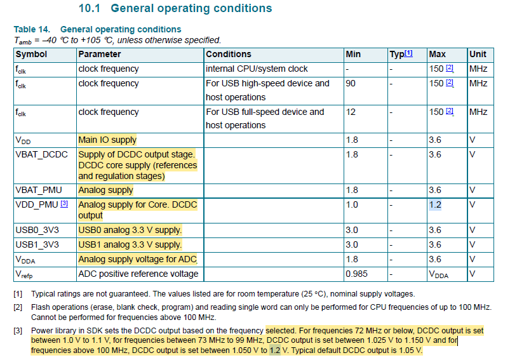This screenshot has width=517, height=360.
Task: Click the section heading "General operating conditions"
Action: click(191, 8)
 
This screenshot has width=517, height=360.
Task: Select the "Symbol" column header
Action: click(32, 55)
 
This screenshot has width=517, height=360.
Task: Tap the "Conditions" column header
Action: click(229, 55)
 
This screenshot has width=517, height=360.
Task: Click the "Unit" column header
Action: click(478, 55)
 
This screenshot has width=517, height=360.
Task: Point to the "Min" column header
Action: click(353, 55)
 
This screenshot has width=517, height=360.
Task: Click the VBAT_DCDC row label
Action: click(41, 154)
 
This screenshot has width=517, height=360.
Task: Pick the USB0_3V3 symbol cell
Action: click(37, 230)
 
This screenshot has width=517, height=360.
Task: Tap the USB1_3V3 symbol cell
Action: click(37, 244)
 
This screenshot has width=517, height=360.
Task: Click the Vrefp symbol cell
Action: click(25, 274)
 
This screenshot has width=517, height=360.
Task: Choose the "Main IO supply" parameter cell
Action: click(107, 140)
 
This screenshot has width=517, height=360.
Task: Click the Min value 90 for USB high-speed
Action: click(351, 83)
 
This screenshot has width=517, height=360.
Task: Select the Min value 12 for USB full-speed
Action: click(351, 112)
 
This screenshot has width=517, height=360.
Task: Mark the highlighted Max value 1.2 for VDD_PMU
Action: click(434, 204)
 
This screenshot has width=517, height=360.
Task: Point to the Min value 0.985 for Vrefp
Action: click(356, 274)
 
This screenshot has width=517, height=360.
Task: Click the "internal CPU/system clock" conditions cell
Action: click(257, 69)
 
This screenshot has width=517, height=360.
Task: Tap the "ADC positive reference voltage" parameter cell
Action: click(138, 274)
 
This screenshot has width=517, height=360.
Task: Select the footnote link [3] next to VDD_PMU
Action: click(64, 204)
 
